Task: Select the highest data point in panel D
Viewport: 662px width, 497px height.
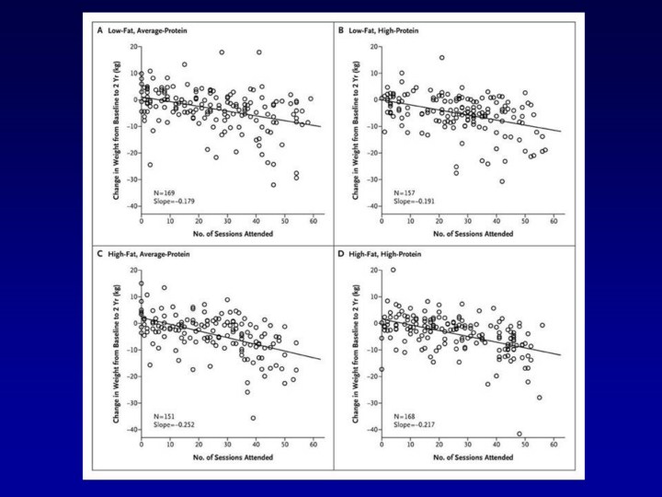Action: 393,270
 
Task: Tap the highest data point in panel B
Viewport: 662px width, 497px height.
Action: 441,57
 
